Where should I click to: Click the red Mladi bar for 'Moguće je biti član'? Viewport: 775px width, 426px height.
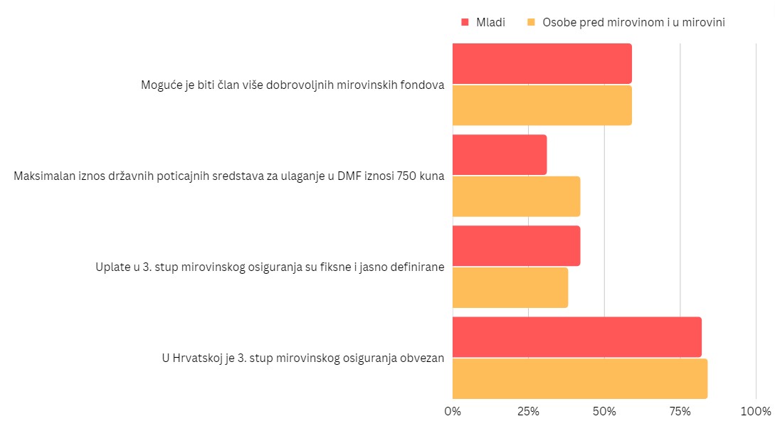[x=542, y=63]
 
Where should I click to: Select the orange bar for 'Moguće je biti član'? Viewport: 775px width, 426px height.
[x=542, y=105]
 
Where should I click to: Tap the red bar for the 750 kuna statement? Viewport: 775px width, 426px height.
[x=500, y=154]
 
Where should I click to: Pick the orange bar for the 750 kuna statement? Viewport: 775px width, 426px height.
[x=516, y=196]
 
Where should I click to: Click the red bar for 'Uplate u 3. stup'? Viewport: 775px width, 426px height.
[x=516, y=246]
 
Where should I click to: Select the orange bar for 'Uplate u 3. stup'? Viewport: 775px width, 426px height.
[x=510, y=287]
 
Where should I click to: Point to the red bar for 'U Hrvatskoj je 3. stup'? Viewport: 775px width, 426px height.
[x=576, y=337]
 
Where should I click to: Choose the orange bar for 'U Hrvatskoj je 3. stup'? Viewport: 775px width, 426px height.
[x=580, y=378]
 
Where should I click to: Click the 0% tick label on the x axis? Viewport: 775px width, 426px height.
[x=453, y=411]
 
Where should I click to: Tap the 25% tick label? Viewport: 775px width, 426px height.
[x=528, y=411]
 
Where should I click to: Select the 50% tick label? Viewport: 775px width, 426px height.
[x=604, y=411]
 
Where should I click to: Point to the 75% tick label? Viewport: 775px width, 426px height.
[x=680, y=411]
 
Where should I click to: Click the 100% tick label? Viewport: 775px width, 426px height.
[x=756, y=411]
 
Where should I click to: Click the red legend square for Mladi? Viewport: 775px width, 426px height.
[x=465, y=22]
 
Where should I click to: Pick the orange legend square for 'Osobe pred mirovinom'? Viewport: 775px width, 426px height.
[x=531, y=22]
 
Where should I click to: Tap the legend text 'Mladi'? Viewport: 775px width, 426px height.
[x=491, y=22]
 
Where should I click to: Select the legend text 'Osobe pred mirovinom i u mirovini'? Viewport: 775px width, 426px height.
[x=633, y=22]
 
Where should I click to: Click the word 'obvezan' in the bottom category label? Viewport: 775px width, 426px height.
[x=424, y=358]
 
